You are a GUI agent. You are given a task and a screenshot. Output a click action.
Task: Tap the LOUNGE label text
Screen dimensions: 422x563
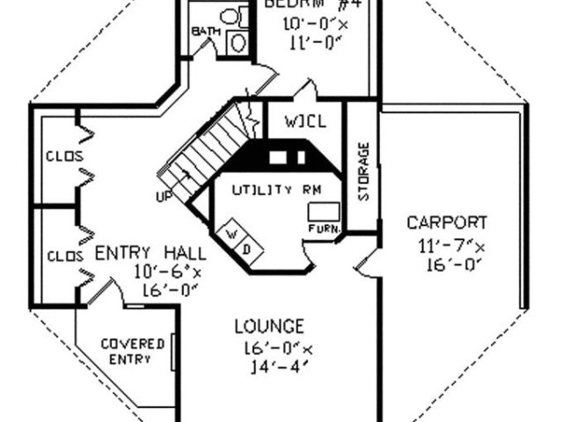click(x=269, y=327)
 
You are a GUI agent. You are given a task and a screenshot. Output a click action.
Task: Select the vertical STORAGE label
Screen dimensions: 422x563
click(x=363, y=170)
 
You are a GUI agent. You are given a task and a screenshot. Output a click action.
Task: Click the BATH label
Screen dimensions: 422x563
click(x=203, y=32)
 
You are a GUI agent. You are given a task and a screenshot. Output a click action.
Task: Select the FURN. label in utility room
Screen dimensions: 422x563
click(x=318, y=229)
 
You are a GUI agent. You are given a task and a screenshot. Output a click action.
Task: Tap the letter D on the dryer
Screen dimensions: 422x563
click(x=246, y=248)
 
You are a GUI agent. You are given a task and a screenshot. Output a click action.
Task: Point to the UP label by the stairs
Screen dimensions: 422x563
click(x=164, y=196)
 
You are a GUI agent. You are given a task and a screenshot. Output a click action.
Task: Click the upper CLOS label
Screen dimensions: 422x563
click(x=63, y=156)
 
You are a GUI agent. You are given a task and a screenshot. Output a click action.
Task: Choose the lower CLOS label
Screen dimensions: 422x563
click(x=63, y=256)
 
